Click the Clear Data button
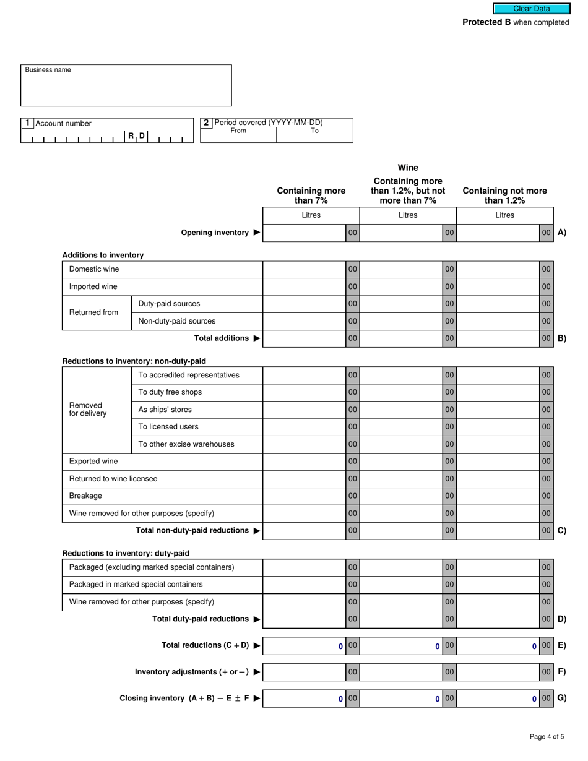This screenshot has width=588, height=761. click(x=531, y=9)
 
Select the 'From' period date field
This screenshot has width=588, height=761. click(x=238, y=135)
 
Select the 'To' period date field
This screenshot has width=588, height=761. click(x=314, y=135)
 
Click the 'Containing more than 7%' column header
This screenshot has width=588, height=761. click(x=311, y=196)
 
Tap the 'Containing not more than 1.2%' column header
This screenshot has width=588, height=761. click(x=504, y=196)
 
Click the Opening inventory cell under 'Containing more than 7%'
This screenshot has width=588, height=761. click(x=304, y=233)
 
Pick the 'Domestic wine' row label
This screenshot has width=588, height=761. click(x=94, y=269)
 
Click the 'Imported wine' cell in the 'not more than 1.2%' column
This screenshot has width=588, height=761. click(x=498, y=286)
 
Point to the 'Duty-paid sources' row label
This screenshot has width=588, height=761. click(x=169, y=304)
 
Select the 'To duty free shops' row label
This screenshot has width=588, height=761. click(x=170, y=392)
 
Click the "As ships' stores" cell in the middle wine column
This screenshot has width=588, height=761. click(x=401, y=410)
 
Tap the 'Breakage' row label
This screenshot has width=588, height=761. click(x=85, y=496)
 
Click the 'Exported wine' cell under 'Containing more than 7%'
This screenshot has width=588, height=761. click(x=304, y=462)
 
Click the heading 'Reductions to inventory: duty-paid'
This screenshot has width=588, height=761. click(x=126, y=553)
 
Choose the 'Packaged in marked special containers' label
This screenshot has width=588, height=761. click(x=136, y=584)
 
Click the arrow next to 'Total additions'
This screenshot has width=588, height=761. click(x=257, y=338)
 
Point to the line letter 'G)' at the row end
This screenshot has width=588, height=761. click(x=561, y=698)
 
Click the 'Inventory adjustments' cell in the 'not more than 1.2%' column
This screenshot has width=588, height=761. click(x=498, y=672)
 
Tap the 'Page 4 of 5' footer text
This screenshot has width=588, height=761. click(x=547, y=736)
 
